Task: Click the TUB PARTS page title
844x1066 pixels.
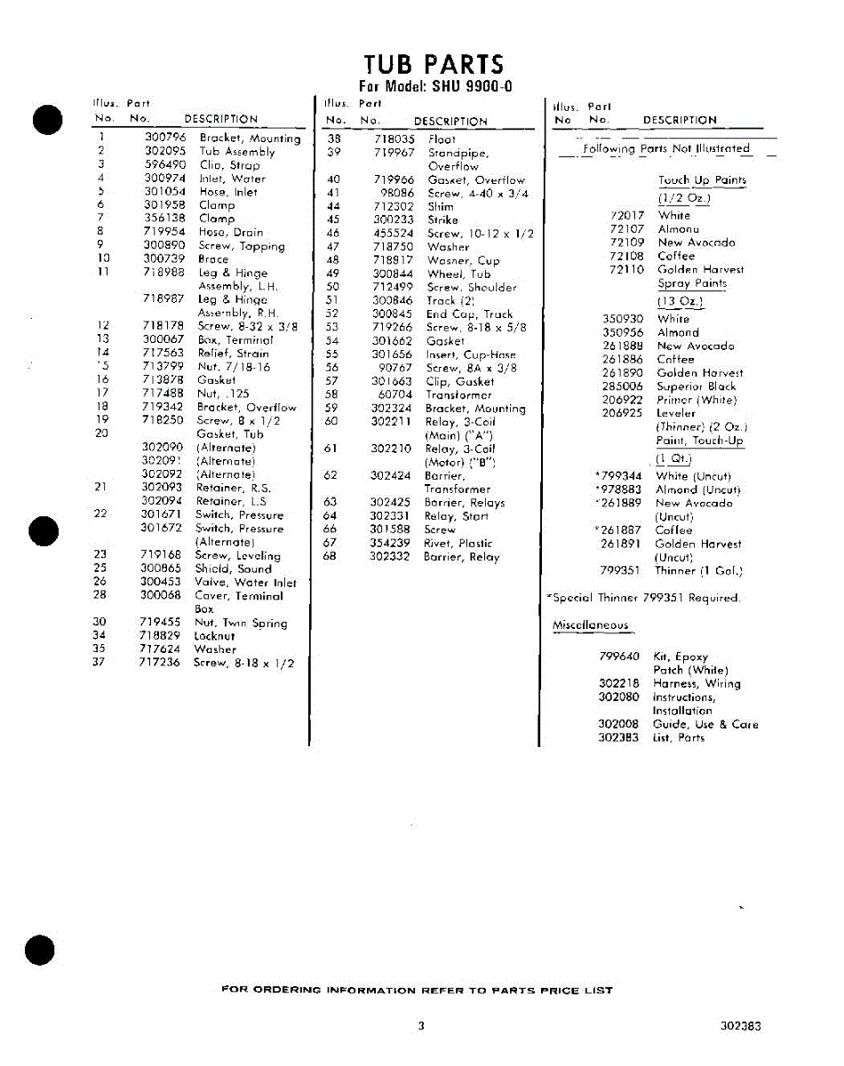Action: [x=434, y=65]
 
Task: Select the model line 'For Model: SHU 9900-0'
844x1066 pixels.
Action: [x=434, y=86]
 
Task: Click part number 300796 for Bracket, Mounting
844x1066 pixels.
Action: [x=165, y=138]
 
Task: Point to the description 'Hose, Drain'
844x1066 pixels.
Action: [x=231, y=232]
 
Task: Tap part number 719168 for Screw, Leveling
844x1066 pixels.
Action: [x=161, y=554]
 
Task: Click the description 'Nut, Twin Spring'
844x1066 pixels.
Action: [x=241, y=623]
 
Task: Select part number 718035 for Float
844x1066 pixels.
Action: [x=394, y=139]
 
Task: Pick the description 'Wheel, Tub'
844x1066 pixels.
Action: [x=458, y=274]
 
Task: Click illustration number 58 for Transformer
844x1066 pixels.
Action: [x=332, y=394]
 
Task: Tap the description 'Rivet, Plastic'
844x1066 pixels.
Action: [x=458, y=543]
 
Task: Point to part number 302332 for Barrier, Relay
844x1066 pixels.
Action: [x=390, y=556]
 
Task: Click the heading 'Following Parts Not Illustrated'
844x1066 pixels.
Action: [x=666, y=149]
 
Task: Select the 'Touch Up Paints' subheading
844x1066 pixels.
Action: [x=702, y=180]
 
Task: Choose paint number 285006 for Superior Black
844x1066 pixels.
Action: [x=623, y=386]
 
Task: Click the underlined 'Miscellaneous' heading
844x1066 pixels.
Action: [x=590, y=625]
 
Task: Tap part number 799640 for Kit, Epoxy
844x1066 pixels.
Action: [x=619, y=656]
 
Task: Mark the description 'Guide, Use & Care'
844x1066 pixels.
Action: [x=705, y=724]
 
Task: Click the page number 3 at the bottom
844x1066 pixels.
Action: [x=421, y=1025]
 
